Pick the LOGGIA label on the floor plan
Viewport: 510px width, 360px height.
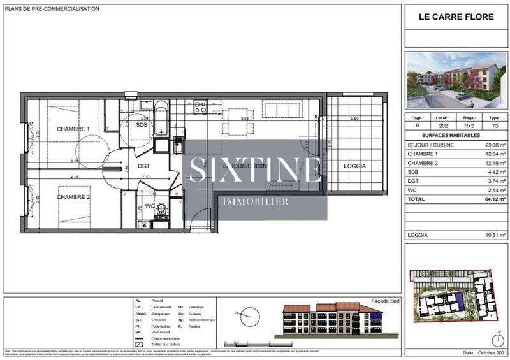pyautogui.click(x=354, y=166)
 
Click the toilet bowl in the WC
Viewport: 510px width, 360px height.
pyautogui.click(x=162, y=208)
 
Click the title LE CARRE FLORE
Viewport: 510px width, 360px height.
pyautogui.click(x=456, y=17)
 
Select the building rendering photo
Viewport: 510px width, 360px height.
pyautogui.click(x=456, y=80)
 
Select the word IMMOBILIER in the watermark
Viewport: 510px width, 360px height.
pyautogui.click(x=255, y=201)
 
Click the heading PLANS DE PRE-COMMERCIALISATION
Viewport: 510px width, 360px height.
pyautogui.click(x=52, y=9)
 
